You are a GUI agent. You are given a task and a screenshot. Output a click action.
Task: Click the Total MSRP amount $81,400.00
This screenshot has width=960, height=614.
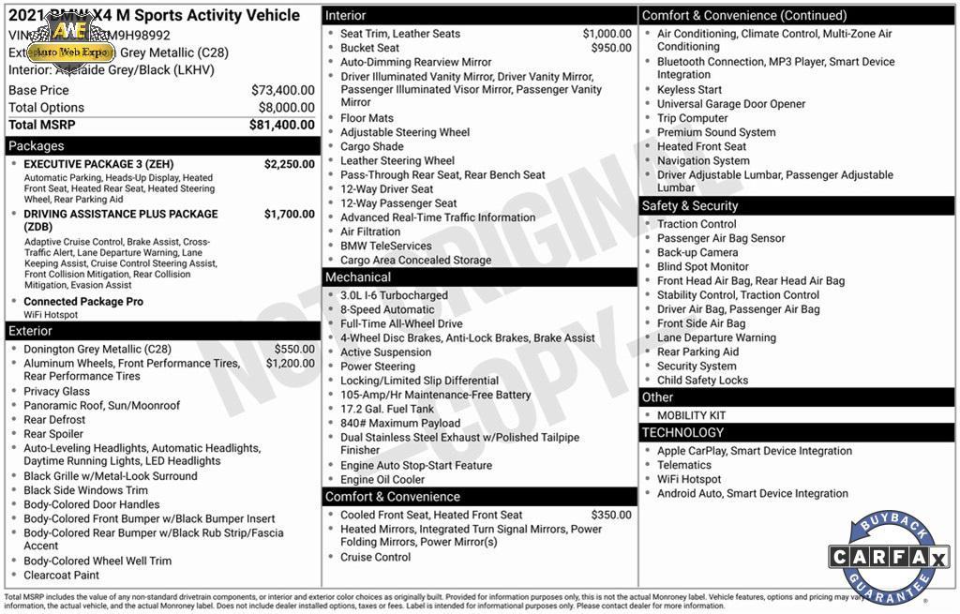pos(281,125)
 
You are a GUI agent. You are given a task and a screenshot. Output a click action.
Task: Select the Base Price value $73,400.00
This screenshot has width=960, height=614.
pos(282,90)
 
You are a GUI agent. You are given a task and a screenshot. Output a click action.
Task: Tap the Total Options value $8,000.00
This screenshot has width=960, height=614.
pos(286,108)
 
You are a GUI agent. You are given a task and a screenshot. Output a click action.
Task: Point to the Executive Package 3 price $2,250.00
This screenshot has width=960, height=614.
pos(289,164)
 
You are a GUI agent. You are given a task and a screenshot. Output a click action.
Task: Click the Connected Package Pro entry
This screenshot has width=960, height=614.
pos(83,302)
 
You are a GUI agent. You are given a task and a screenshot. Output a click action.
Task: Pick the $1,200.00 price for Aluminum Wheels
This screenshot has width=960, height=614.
pos(290,364)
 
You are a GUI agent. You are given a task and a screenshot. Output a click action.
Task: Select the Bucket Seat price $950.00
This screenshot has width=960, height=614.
pos(611,48)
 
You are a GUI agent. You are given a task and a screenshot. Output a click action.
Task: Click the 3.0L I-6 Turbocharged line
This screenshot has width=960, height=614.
pos(394,295)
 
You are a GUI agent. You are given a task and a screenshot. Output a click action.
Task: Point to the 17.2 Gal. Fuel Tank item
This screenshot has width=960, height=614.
pos(387,409)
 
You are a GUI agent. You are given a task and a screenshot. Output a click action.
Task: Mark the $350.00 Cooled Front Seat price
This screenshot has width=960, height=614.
pos(611,515)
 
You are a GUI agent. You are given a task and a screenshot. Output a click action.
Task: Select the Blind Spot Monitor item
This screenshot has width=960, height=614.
pos(702,266)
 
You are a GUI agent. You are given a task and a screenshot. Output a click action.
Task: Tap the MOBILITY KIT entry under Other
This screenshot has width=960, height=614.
pos(691,415)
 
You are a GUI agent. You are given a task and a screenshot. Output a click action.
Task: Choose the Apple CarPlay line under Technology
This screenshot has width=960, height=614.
pos(754,451)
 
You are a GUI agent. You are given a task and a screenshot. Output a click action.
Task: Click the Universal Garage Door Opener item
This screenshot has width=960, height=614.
pos(731,104)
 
